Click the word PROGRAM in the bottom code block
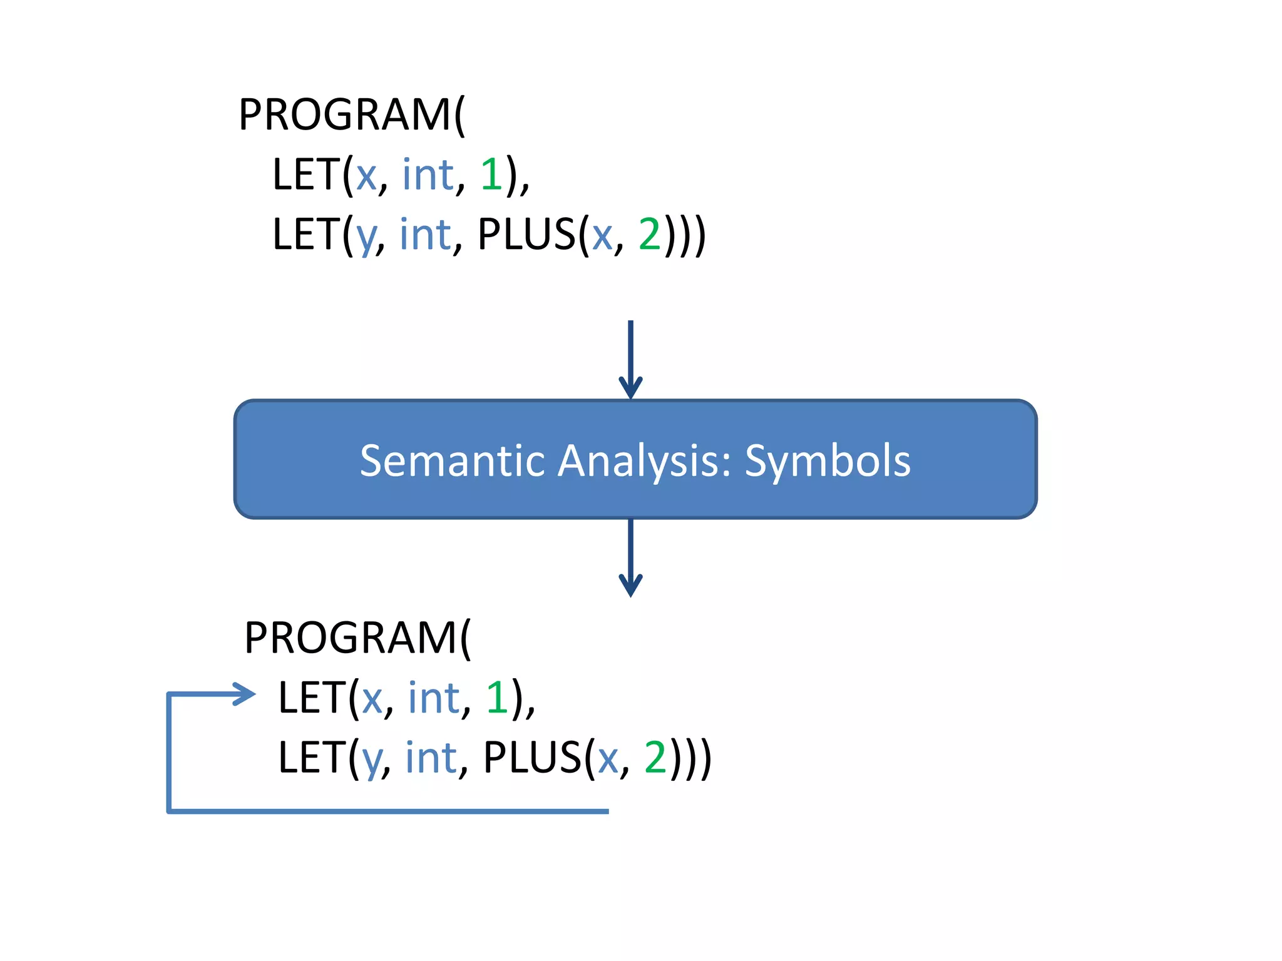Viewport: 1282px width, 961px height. [x=351, y=638]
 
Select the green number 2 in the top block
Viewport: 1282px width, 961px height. [x=649, y=234]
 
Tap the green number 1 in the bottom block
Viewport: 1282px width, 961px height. [x=497, y=697]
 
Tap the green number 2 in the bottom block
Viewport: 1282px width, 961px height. [x=655, y=757]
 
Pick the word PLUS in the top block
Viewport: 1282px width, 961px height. [x=526, y=234]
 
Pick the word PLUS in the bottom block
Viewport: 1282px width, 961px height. [x=532, y=757]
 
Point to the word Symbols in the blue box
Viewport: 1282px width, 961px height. [x=828, y=461]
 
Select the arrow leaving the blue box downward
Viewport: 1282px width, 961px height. [x=630, y=557]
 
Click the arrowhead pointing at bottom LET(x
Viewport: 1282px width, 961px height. [x=246, y=694]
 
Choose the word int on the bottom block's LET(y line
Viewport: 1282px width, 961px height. [x=431, y=757]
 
